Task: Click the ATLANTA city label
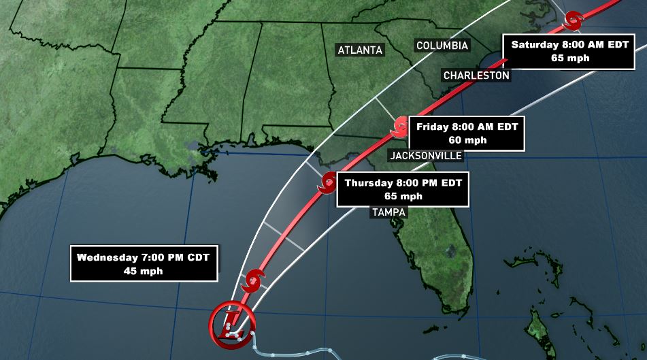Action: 361,50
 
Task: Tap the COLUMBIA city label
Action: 442,46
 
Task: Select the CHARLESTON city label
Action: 476,76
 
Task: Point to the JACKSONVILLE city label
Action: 426,156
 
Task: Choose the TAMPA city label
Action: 388,212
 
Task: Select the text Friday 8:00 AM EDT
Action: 467,127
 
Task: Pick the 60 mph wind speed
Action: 467,140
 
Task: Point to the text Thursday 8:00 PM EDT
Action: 403,182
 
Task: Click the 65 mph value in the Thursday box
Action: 403,196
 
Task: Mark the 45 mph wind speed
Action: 144,271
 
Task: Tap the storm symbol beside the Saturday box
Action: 573,20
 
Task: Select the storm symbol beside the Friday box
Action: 400,125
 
